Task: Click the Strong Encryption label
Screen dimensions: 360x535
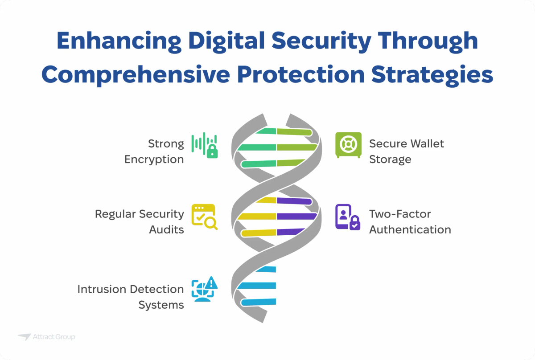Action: click(154, 151)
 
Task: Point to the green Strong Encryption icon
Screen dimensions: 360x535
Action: click(205, 145)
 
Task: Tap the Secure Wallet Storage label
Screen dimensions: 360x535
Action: click(406, 151)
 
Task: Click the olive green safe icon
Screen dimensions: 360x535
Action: click(348, 145)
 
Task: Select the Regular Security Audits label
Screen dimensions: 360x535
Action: click(140, 221)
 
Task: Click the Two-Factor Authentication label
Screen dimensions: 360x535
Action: click(410, 221)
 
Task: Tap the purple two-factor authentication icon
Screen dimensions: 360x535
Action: click(348, 217)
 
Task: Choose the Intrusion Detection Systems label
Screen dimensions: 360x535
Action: click(131, 297)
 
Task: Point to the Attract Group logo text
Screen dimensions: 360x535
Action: click(54, 337)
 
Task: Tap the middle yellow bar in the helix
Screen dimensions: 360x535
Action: click(258, 217)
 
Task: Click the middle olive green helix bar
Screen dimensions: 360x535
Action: click(296, 147)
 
